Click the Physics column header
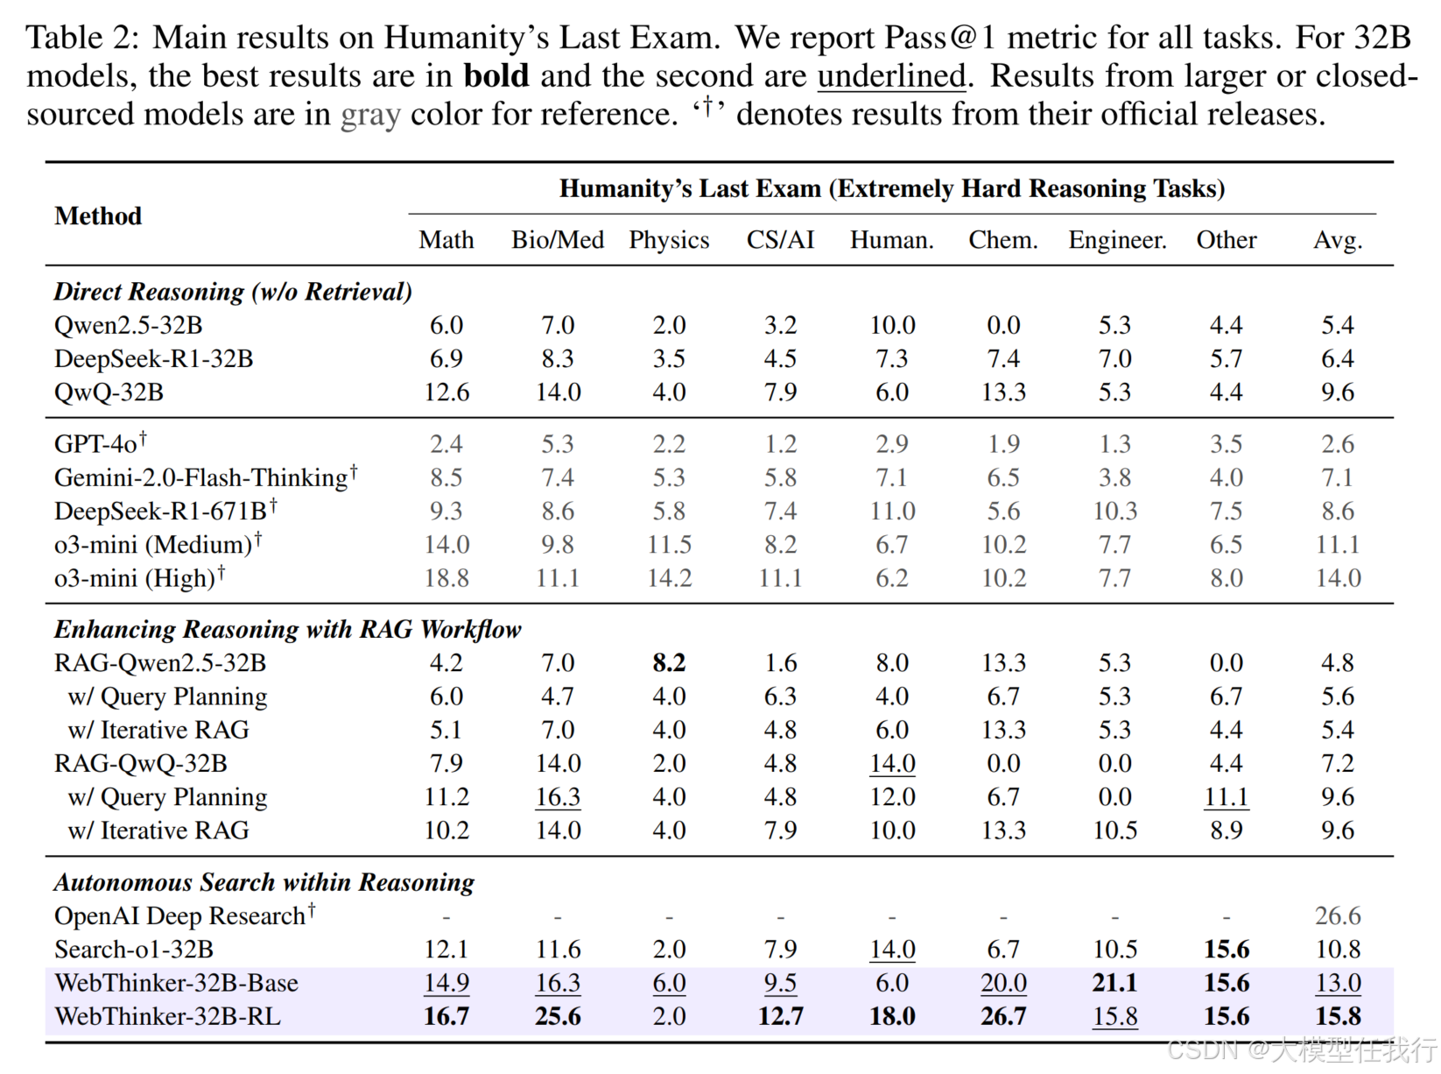[x=669, y=240]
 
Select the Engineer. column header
[x=1117, y=240]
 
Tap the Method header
[x=98, y=216]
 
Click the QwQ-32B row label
[x=109, y=392]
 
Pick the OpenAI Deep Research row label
[x=179, y=915]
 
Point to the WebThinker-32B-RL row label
[x=167, y=1016]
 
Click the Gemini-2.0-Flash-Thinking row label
[x=200, y=477]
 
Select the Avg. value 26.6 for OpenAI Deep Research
[x=1338, y=915]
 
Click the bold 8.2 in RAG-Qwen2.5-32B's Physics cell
[x=669, y=662]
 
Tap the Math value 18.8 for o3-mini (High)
[x=446, y=578]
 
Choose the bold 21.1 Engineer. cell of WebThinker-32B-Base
[x=1114, y=983]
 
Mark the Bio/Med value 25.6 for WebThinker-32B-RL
[x=558, y=1016]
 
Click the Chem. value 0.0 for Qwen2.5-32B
[x=1003, y=325]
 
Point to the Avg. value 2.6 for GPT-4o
[x=1338, y=444]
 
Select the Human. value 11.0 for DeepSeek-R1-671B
[x=892, y=511]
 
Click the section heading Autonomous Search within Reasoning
[x=264, y=882]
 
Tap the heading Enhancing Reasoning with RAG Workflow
[x=287, y=629]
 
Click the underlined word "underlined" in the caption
[x=891, y=76]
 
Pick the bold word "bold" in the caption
[x=496, y=76]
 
